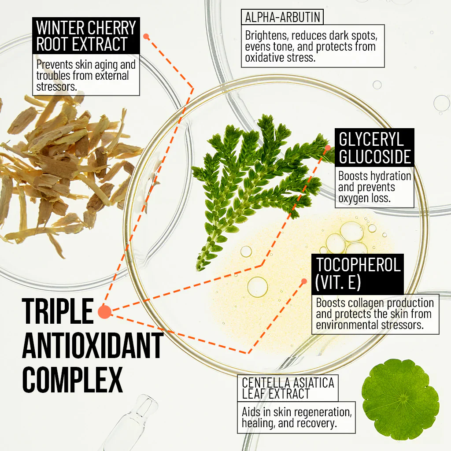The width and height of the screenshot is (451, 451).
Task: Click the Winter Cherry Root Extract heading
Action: pos(86,36)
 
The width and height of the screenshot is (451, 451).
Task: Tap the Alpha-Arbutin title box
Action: pos(282,17)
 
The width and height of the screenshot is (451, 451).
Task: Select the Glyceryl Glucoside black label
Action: pos(374,148)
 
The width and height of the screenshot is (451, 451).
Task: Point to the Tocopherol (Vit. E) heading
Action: pos(358,274)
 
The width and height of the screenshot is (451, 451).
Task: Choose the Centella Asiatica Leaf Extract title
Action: pos(288,388)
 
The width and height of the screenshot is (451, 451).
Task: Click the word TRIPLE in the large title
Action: pos(58,311)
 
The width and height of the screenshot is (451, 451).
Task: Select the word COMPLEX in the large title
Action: pos(73,380)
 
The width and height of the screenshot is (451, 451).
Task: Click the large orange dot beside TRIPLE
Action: pos(105,312)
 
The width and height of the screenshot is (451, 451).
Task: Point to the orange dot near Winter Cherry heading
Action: pos(146,37)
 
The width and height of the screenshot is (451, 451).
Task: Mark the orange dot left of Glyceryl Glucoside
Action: pos(328,148)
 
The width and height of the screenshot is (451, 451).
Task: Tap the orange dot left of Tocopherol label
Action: pos(304,281)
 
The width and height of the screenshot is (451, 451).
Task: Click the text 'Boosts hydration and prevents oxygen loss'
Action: pos(374,187)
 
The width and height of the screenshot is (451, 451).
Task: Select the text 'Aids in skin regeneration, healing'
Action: pos(297,418)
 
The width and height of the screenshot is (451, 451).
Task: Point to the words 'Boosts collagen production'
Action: pos(375,303)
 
